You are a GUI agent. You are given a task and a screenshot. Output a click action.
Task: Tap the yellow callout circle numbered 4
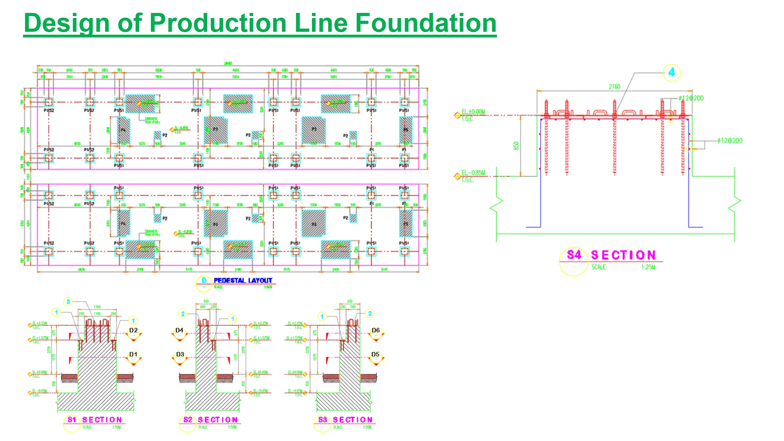[x=671, y=73]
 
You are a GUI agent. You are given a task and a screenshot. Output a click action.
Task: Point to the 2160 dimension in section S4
[x=614, y=87]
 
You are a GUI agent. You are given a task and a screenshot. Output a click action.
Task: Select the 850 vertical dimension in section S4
[x=516, y=145]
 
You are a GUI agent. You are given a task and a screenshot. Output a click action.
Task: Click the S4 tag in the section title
[x=574, y=255]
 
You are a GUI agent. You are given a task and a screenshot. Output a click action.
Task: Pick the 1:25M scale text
[x=648, y=267]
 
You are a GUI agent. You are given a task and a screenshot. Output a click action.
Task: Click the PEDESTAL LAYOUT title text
[x=243, y=280]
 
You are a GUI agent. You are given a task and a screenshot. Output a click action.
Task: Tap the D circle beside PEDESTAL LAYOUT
[x=204, y=280]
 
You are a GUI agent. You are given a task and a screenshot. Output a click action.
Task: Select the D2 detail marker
[x=133, y=330]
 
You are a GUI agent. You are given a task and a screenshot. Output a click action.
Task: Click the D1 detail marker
[x=133, y=354]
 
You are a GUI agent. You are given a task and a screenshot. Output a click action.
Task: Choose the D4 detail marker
[x=180, y=330]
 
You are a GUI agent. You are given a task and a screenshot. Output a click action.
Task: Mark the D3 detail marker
[x=180, y=354]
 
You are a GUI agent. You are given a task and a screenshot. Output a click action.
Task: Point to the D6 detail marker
[x=376, y=330]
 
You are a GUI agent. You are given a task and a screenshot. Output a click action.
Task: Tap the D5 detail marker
[x=375, y=354]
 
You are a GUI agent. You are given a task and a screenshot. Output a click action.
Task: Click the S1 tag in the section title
[x=72, y=420]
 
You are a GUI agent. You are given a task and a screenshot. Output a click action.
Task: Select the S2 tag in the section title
[x=188, y=420]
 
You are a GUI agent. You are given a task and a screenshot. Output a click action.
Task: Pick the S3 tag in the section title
[x=323, y=420]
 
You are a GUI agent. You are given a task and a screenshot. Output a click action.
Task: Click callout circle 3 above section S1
[x=68, y=301]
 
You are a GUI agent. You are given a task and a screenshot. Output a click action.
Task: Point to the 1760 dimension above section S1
[x=97, y=307]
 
